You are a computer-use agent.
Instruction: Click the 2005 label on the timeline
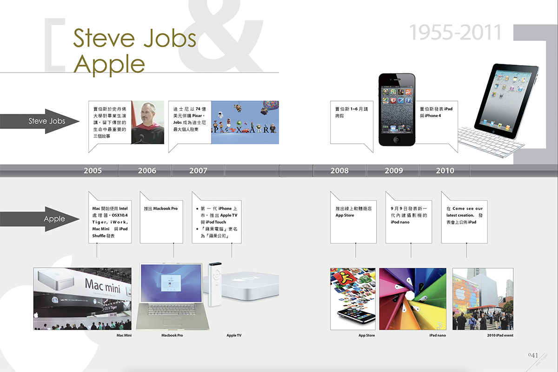[x=93, y=171]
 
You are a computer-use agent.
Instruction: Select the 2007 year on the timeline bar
[x=198, y=171]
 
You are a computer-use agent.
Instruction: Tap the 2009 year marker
[x=393, y=171]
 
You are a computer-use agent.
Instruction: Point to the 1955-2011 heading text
[x=455, y=33]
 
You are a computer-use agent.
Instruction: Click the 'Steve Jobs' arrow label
[x=47, y=121]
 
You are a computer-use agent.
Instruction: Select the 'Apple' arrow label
[x=54, y=219]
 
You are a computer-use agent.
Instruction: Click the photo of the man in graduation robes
[x=147, y=122]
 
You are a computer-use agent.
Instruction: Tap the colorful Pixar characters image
[x=245, y=122]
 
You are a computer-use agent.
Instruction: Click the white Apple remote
[x=215, y=284]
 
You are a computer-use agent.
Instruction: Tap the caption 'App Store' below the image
[x=366, y=335]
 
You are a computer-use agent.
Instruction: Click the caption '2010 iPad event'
[x=500, y=335]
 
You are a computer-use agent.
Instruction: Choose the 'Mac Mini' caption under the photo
[x=124, y=335]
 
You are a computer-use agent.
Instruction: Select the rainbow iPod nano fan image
[x=412, y=298]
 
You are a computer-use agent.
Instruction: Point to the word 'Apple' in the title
[x=109, y=63]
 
